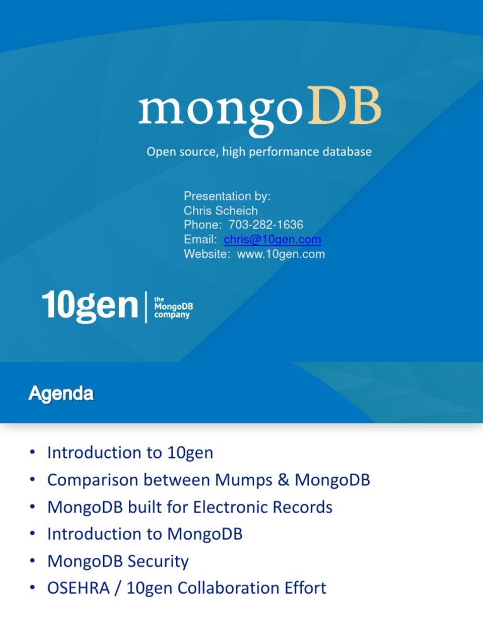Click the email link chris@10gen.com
coord(272,240)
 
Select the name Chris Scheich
coord(221,211)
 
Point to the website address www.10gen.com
coord(281,254)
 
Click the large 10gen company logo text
coord(90,307)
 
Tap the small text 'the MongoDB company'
coord(173,308)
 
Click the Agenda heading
coord(61,394)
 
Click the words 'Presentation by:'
coord(227,196)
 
